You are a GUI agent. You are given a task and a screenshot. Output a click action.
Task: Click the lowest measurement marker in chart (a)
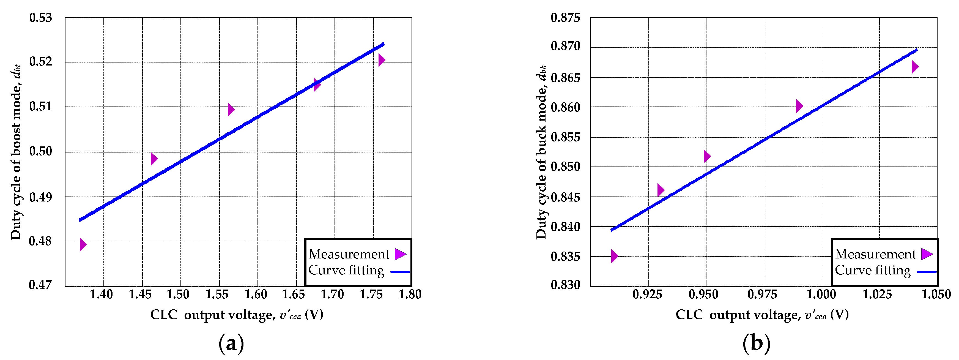[x=83, y=245]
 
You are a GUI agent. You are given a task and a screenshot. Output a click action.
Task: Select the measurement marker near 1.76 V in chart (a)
[x=382, y=60]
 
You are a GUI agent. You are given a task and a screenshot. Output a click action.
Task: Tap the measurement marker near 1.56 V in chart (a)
[x=231, y=110]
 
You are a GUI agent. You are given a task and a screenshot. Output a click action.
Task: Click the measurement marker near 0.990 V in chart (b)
[x=799, y=106]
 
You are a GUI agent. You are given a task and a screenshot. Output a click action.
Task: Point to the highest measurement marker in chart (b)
[x=915, y=67]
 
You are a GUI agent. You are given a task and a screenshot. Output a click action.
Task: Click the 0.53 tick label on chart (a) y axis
[x=41, y=18]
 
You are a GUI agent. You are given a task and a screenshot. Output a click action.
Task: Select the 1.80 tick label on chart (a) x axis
[x=410, y=294]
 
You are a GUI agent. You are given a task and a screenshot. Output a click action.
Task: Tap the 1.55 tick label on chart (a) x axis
[x=217, y=294]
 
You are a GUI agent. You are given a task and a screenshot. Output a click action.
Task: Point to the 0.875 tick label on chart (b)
[x=565, y=18]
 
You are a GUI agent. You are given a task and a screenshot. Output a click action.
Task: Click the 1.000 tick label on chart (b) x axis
[x=821, y=294]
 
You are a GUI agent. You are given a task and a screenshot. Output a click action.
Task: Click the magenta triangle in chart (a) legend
[x=400, y=254]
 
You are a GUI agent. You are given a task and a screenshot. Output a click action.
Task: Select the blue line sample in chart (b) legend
[x=926, y=272]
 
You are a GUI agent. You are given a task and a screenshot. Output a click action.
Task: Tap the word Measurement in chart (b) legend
[x=875, y=254]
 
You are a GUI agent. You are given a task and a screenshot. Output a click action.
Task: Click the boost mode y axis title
[x=16, y=153]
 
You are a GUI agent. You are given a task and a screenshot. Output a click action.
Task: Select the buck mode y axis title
[x=541, y=153]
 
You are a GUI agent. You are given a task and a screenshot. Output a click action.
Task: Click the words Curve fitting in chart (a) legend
[x=346, y=270]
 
